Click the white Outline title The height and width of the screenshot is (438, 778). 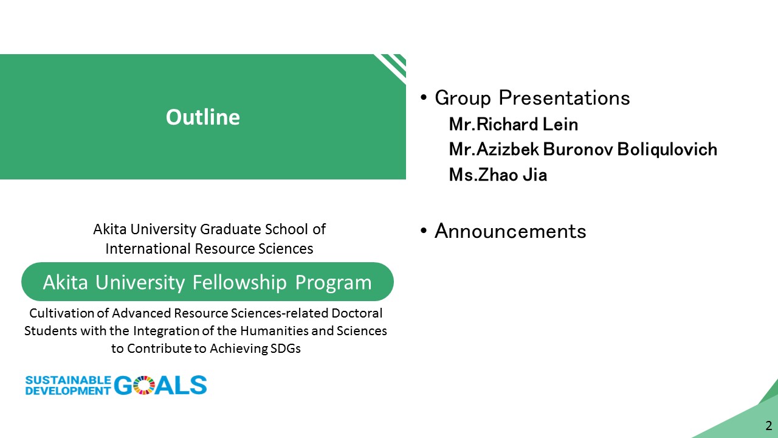point(203,117)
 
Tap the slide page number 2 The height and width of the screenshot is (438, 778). point(769,425)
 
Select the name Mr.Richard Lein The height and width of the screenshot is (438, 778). point(514,125)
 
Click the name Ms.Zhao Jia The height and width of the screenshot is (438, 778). point(498,175)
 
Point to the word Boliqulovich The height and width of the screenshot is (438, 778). point(667,150)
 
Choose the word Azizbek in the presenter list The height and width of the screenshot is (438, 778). point(508,150)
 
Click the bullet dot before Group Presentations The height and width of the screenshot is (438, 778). point(424,98)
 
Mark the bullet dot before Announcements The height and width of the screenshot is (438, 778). point(424,231)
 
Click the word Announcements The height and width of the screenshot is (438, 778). point(510,231)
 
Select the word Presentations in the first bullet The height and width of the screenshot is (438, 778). point(565,98)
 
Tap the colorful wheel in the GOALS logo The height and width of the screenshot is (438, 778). point(143,385)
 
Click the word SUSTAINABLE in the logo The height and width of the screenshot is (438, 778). point(68,380)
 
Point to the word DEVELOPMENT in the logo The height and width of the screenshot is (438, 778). point(68,391)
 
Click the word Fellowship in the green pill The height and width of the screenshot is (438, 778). point(239,282)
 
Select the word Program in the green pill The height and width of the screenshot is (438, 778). point(334,283)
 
